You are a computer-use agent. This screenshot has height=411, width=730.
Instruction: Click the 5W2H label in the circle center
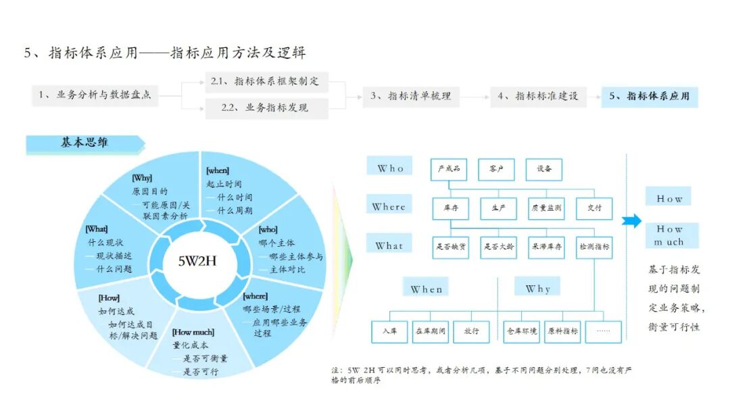coord(197,261)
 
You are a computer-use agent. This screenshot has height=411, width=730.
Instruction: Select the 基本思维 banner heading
coord(84,143)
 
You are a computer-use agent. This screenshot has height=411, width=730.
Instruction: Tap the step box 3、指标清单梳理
coord(410,97)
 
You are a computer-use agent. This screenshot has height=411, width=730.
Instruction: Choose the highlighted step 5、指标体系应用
coord(649,97)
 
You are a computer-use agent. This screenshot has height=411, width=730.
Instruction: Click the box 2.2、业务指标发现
coord(266,108)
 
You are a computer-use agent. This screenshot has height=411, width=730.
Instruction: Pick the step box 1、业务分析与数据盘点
coord(95,96)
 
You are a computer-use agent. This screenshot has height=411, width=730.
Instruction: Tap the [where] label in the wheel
coord(255,296)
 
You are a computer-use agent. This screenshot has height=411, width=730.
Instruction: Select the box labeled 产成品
coord(449,169)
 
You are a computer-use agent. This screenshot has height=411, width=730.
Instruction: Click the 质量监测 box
coord(546,208)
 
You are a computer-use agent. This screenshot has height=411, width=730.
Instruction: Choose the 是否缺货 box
coord(450,247)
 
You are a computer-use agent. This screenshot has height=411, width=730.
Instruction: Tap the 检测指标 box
coord(595,247)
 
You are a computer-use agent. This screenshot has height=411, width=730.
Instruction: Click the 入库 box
coord(390,331)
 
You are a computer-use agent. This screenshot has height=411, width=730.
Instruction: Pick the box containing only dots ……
coord(603,331)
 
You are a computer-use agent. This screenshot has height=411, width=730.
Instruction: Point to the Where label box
coord(389,207)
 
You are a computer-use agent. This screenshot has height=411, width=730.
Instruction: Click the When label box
coord(427,289)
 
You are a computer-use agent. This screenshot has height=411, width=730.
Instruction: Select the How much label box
coord(670,235)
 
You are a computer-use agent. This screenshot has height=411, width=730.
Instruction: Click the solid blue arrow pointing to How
coord(631,220)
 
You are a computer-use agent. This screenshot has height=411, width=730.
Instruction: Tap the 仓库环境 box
coord(522,331)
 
